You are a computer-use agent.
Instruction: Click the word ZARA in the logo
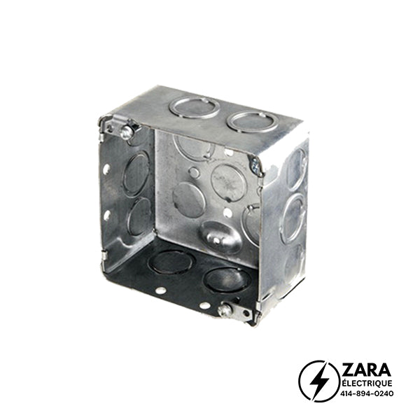click(366, 370)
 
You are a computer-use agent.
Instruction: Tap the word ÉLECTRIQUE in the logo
click(366, 384)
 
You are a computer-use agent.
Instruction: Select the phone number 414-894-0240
click(367, 393)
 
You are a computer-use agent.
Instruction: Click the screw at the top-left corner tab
click(127, 132)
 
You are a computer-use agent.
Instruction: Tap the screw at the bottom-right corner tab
click(225, 310)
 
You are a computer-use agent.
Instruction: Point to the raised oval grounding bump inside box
click(221, 237)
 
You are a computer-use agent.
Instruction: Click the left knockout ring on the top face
click(195, 107)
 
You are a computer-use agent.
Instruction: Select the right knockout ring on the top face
click(252, 122)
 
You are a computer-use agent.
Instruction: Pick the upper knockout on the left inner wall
click(136, 174)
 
